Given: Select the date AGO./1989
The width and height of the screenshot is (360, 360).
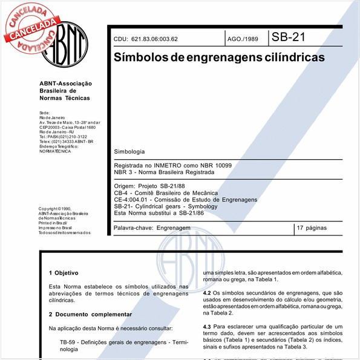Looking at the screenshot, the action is (x=242, y=39).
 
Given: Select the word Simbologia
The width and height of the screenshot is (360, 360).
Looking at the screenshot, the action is (x=129, y=150).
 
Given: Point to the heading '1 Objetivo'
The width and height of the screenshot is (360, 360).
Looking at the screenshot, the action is (x=63, y=273).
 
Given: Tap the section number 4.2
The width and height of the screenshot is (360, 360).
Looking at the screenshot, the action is (x=208, y=292).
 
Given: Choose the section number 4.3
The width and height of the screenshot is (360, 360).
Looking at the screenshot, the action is (x=208, y=326).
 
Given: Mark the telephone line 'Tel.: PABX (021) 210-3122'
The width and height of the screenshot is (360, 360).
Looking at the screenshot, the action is (x=63, y=137).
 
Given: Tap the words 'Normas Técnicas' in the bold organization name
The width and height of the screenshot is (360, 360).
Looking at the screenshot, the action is (x=64, y=97).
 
